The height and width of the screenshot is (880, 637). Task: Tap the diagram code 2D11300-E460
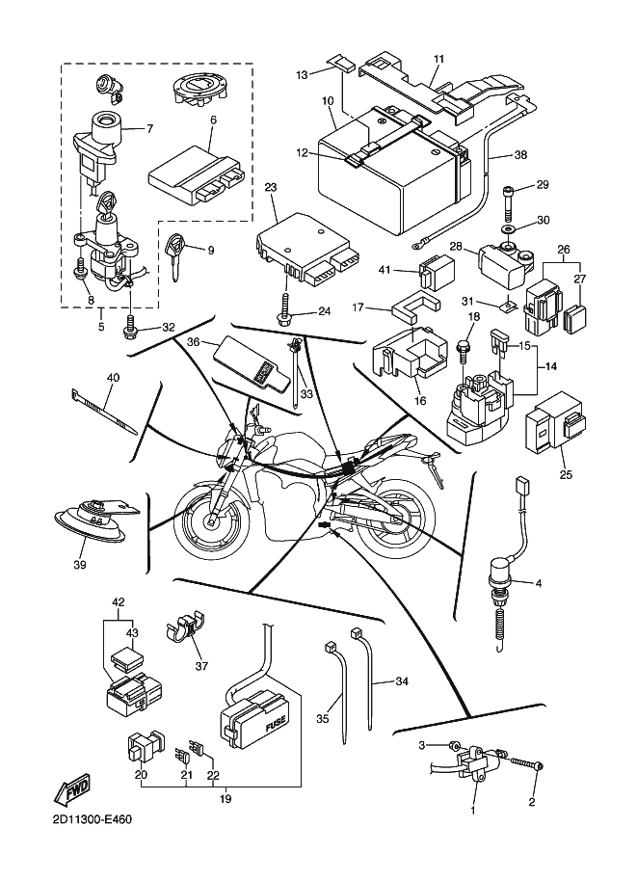click(x=87, y=819)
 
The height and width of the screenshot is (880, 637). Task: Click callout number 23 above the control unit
click(x=271, y=186)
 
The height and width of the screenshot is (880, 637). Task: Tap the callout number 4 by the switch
click(x=538, y=583)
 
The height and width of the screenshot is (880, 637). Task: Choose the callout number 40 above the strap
click(x=113, y=378)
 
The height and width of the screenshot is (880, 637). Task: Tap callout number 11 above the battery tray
click(x=438, y=60)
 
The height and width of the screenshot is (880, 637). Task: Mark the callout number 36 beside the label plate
click(x=193, y=341)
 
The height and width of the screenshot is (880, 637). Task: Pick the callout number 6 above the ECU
click(x=213, y=120)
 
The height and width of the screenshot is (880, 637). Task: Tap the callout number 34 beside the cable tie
click(x=402, y=681)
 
